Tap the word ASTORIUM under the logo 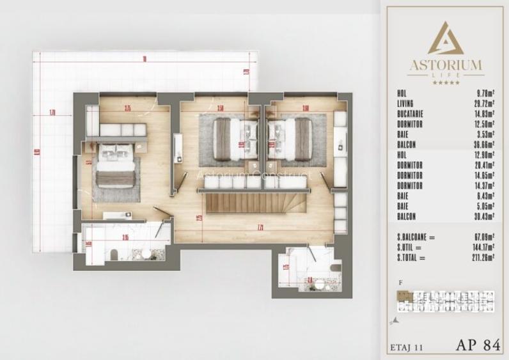click(445, 65)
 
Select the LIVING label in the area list click(405, 104)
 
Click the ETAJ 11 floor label click(407, 347)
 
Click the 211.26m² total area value click(477, 258)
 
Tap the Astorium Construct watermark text click(253, 175)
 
